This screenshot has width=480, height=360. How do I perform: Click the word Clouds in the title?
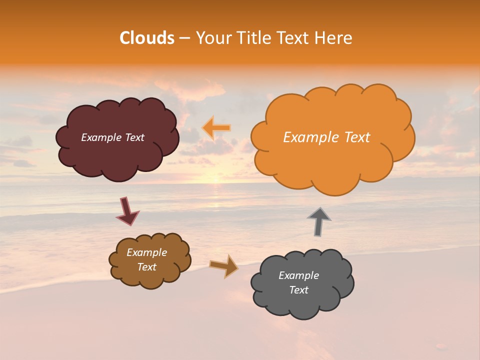point(147,38)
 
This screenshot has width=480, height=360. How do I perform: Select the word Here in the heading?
point(334,38)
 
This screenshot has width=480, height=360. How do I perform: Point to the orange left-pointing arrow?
point(216,127)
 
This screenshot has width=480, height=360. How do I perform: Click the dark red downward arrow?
point(127,211)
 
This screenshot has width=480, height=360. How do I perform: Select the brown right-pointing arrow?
point(224,266)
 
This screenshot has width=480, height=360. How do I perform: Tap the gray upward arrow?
point(319,221)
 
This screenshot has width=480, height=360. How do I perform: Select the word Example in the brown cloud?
point(147,252)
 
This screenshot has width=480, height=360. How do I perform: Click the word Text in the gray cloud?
point(299,290)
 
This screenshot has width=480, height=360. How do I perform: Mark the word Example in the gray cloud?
point(299,275)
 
